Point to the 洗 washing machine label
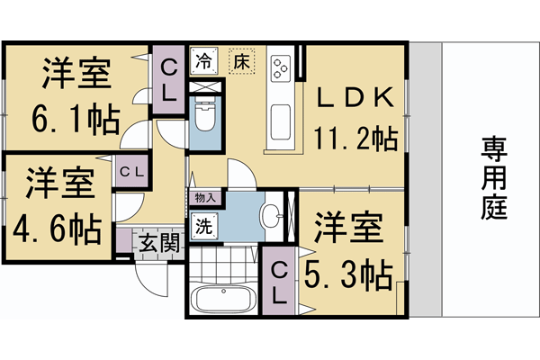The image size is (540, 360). [x=204, y=227]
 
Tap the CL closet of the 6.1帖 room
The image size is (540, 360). [x=168, y=78]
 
